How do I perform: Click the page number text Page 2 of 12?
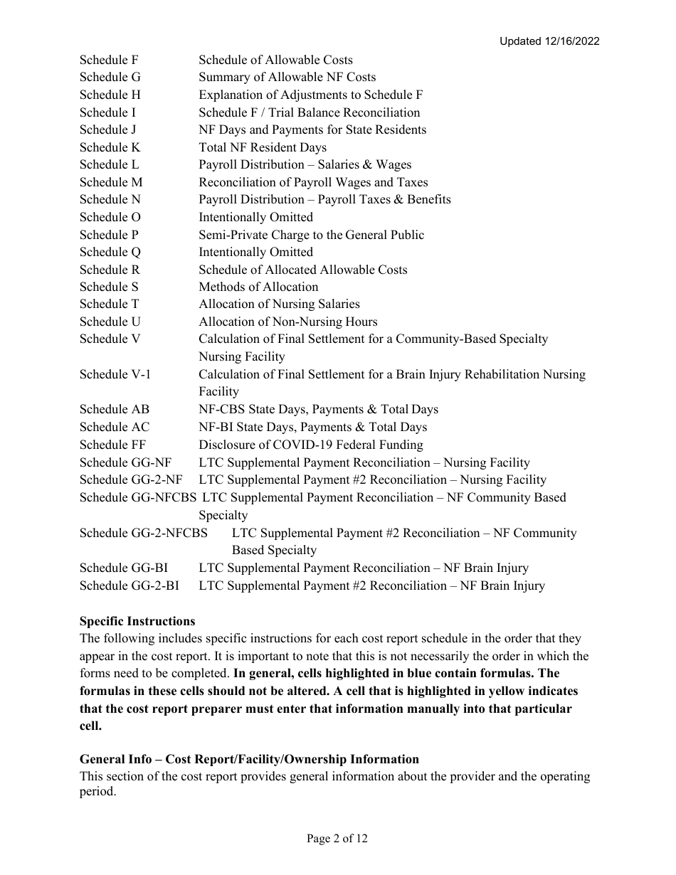pyautogui.click(x=337, y=839)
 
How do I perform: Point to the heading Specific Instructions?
pyautogui.click(x=137, y=621)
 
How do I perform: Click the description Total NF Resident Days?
pyautogui.click(x=263, y=147)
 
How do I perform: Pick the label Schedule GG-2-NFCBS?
pyautogui.click(x=144, y=533)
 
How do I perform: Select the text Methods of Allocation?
pyautogui.click(x=258, y=287)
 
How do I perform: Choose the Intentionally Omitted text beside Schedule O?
pyautogui.click(x=255, y=217)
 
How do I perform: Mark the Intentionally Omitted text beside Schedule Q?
pyautogui.click(x=255, y=252)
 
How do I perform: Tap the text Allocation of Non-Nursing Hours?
pyautogui.click(x=288, y=322)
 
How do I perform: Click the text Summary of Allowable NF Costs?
pyautogui.click(x=287, y=77)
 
